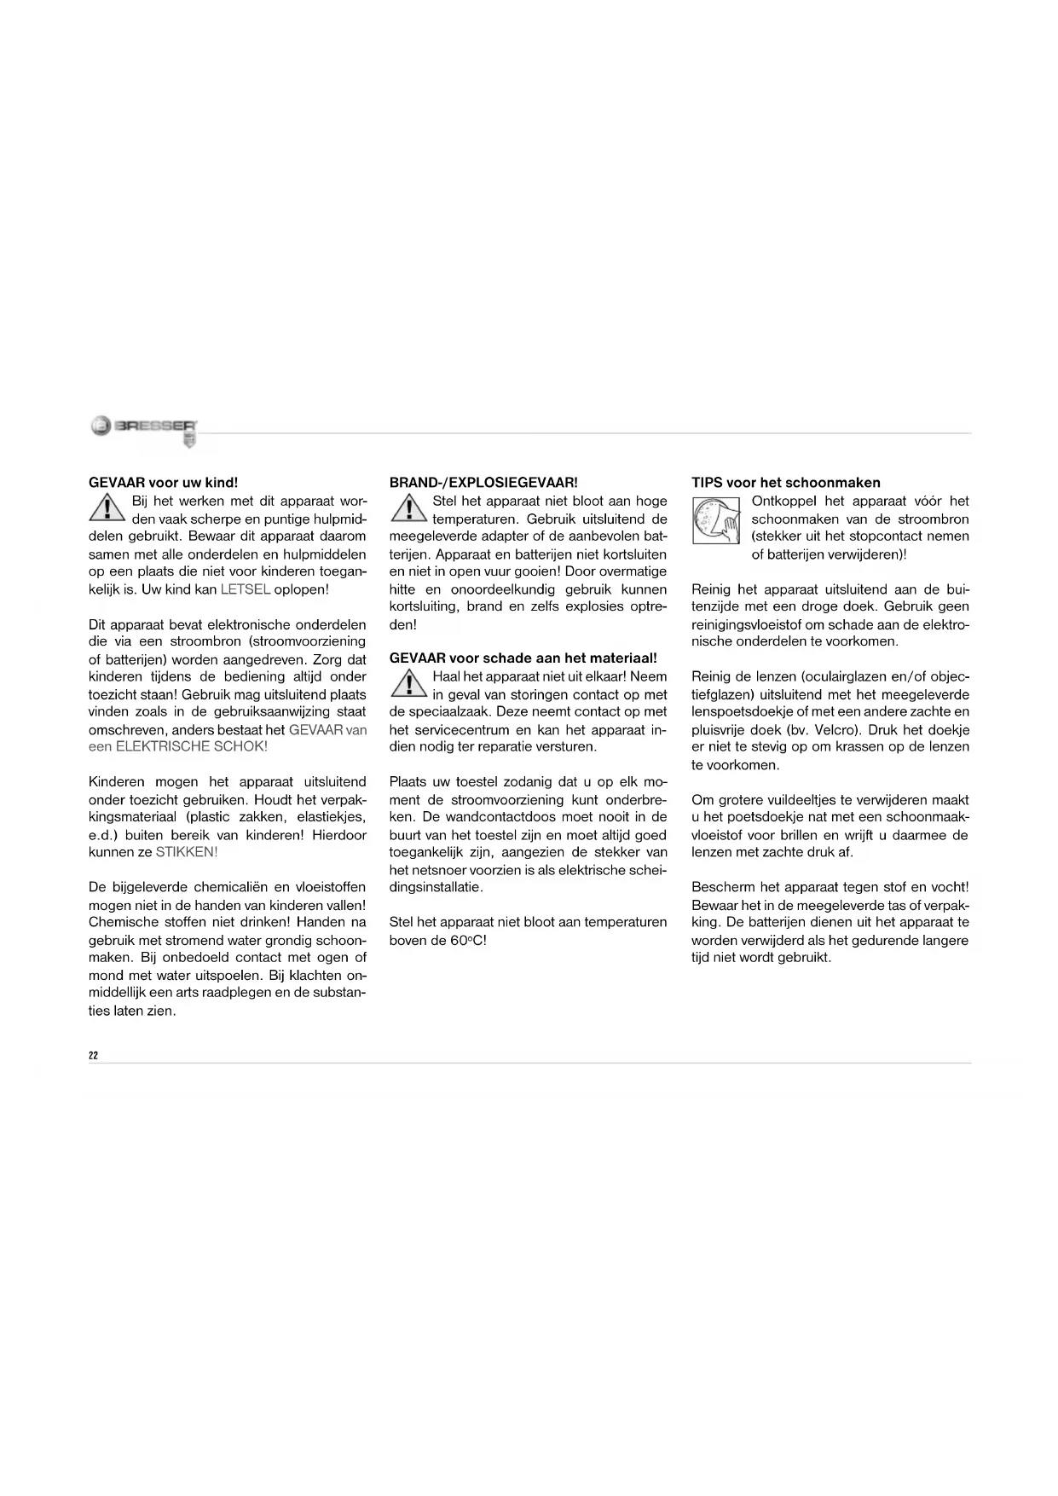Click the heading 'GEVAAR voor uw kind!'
[158, 483]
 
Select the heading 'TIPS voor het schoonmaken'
[785, 483]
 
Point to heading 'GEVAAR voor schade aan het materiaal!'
[523, 658]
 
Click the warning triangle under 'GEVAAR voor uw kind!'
[107, 509]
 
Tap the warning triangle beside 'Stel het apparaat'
[408, 509]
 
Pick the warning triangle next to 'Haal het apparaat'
[408, 684]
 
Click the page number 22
[94, 1055]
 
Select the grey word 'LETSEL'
[246, 589]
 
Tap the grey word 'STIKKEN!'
[187, 852]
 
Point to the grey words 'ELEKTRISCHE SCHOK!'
[191, 746]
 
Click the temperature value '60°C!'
[469, 941]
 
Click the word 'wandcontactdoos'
[494, 817]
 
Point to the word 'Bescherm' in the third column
[720, 887]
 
